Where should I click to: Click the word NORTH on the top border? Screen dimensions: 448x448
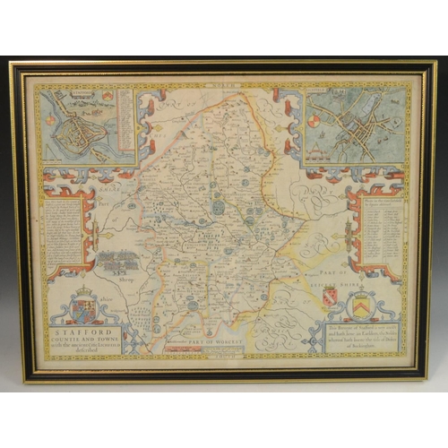(221, 88)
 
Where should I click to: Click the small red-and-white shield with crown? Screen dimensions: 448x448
(329, 296)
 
